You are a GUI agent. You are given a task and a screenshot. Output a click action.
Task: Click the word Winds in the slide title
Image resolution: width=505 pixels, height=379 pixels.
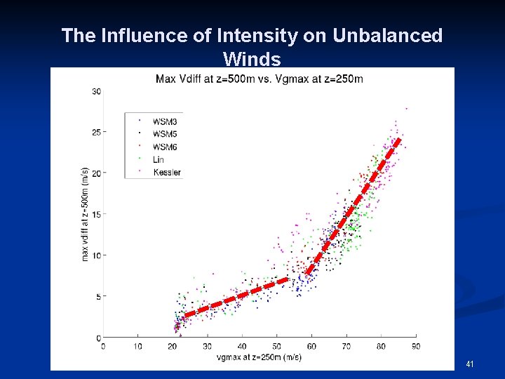[252, 58]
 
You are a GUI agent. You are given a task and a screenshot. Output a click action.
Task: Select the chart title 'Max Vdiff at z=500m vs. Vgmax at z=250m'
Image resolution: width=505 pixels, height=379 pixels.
[259, 78]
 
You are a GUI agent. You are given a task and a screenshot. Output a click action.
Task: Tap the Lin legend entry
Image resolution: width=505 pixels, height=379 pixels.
[159, 159]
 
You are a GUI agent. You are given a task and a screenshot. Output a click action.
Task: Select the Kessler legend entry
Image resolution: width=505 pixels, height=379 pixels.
[166, 172]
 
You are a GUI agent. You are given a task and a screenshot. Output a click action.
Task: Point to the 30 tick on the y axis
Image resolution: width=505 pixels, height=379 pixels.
[96, 91]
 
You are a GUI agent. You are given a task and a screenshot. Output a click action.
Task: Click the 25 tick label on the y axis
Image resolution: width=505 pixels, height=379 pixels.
[96, 132]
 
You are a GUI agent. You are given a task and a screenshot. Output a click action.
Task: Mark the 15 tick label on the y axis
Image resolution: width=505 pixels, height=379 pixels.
[96, 214]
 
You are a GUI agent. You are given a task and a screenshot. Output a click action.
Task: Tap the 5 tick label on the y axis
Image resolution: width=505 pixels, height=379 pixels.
[98, 296]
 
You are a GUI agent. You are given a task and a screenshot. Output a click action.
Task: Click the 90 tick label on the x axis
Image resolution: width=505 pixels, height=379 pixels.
[416, 346]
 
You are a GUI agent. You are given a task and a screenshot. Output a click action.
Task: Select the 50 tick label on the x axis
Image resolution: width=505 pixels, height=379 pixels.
[277, 346]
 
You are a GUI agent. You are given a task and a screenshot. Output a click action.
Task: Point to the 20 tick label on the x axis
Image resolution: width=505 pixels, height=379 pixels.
[173, 346]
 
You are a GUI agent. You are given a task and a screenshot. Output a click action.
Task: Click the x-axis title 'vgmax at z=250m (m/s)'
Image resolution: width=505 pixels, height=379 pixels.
[259, 357]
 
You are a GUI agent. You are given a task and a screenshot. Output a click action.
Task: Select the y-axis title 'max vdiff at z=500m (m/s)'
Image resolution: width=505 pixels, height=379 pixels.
[85, 214]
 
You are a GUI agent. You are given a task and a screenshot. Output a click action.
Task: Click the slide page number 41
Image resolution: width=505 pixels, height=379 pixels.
[469, 364]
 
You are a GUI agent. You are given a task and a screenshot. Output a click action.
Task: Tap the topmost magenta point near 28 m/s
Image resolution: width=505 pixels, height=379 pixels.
[406, 109]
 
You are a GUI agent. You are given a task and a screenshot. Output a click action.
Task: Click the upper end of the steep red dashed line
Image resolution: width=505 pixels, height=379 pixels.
[398, 139]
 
